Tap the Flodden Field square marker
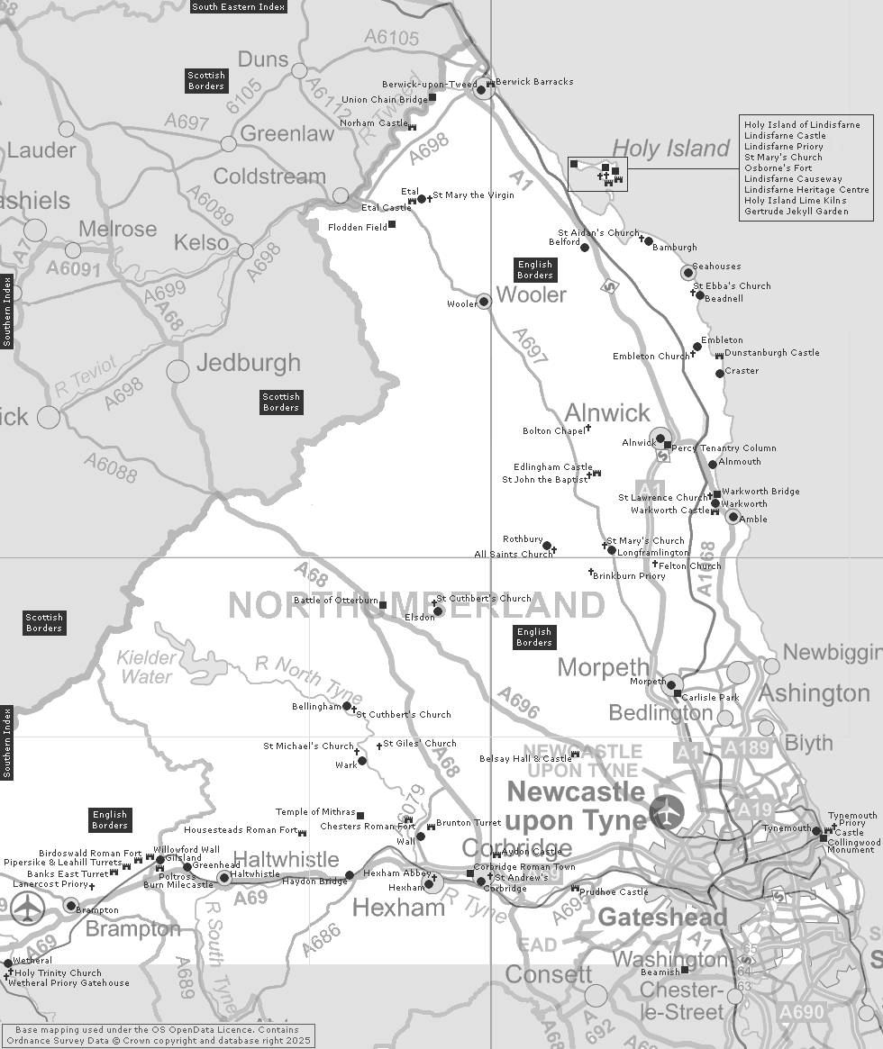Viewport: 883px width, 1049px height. coord(391,223)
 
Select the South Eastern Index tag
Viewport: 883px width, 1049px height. coord(239,6)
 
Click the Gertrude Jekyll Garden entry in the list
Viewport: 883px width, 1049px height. coord(796,212)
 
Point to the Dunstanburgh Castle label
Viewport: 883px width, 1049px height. coord(772,353)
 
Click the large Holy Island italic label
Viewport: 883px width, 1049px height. coord(670,149)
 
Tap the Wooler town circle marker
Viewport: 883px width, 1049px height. coord(484,301)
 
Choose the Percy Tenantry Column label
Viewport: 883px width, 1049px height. coord(724,448)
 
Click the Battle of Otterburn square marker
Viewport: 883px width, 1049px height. coord(383,605)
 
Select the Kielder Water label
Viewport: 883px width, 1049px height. coord(146,666)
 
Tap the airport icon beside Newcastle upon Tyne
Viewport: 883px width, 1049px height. coord(667,812)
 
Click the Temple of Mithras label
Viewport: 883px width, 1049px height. coord(315,812)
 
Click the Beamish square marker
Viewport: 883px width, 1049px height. coord(685,970)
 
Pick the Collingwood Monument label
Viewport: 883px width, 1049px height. coord(851,845)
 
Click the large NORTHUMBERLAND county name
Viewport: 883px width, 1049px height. coord(416,605)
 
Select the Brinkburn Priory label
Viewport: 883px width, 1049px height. coord(629,576)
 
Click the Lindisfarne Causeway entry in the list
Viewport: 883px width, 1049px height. coord(793,179)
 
